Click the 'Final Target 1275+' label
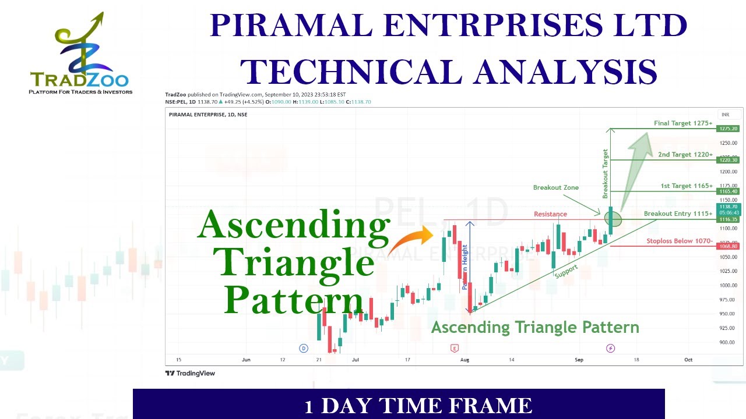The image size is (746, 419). [683, 123]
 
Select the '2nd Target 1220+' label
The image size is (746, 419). [685, 155]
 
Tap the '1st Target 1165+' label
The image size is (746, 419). [686, 186]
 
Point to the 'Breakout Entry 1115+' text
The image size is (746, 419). [678, 214]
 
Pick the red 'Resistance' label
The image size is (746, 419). [550, 214]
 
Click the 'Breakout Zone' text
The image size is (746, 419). [555, 188]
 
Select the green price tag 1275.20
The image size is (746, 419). [729, 129]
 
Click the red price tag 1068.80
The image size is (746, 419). [729, 247]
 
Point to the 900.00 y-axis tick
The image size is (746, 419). [728, 342]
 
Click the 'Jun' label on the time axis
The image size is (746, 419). [246, 360]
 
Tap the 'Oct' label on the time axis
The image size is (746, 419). [688, 360]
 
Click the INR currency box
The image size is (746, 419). [726, 115]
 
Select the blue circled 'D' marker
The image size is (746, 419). [304, 349]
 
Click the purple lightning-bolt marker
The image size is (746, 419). [610, 349]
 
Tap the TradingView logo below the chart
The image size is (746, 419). [190, 374]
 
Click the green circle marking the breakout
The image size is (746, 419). [613, 219]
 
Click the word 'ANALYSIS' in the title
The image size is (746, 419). [565, 72]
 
